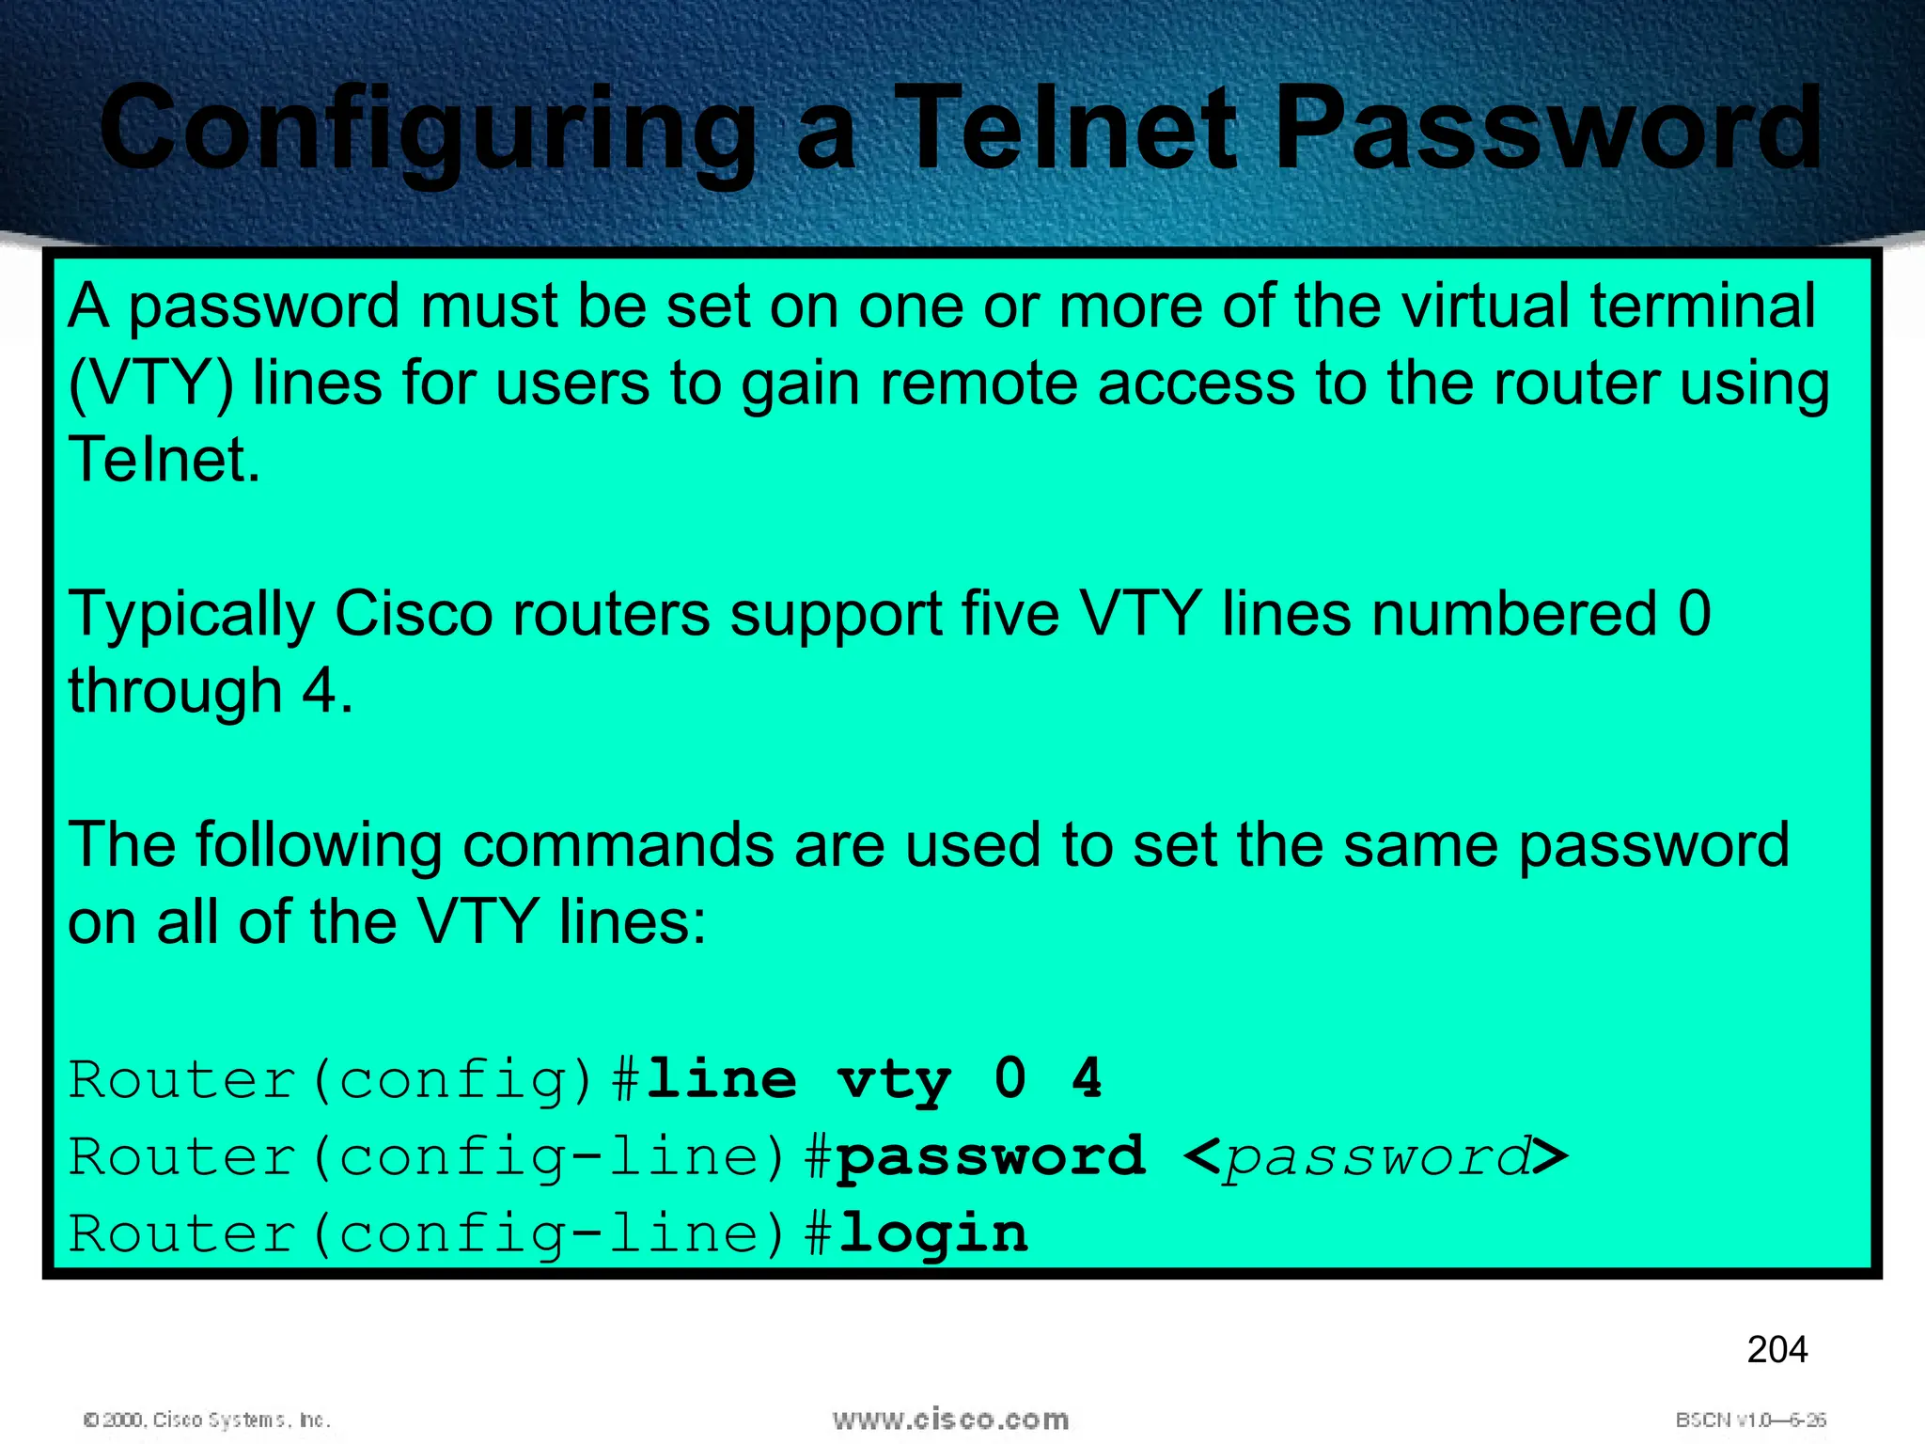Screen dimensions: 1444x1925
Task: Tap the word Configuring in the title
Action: (428, 132)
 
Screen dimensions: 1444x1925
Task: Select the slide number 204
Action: (1776, 1350)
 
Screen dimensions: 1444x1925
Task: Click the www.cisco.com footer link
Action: (950, 1419)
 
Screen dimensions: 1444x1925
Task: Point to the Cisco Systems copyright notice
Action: (207, 1420)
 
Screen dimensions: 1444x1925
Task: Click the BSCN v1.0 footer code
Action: (1750, 1420)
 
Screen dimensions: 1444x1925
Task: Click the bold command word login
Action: (932, 1233)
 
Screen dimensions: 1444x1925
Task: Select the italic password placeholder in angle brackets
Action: (1376, 1157)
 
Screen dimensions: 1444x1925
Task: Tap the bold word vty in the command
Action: (893, 1080)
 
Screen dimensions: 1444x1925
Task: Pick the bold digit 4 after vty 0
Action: (1087, 1078)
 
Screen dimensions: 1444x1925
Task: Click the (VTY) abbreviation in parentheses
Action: (150, 385)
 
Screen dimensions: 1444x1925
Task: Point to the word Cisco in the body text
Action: (414, 615)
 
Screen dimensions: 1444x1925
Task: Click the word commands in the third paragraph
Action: (618, 845)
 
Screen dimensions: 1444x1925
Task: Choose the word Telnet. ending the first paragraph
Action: (164, 460)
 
